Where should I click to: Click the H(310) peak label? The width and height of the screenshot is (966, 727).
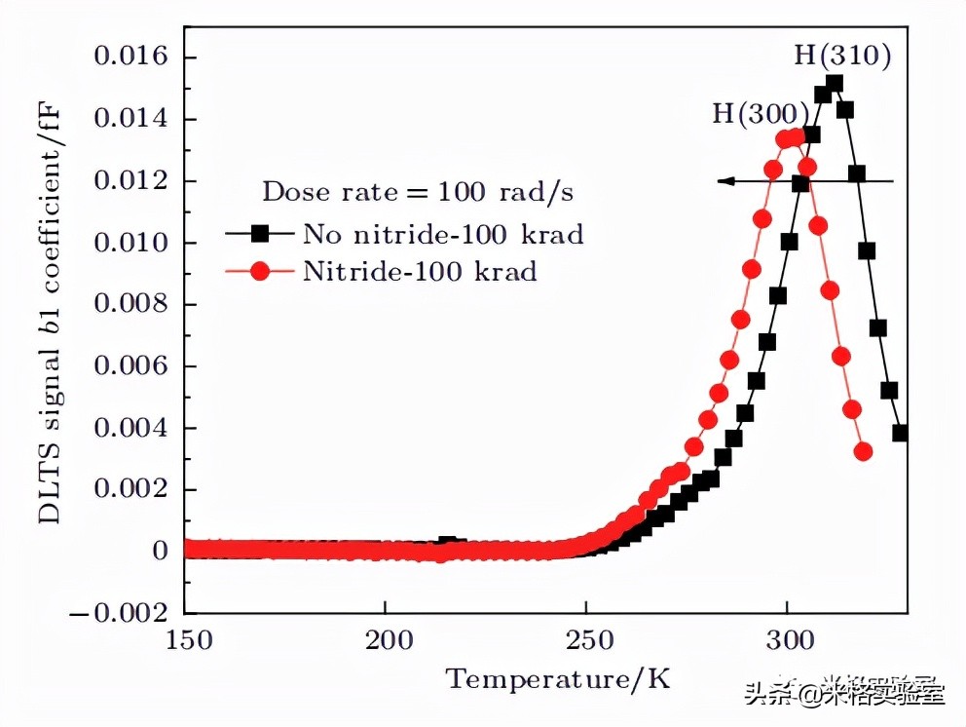coord(842,56)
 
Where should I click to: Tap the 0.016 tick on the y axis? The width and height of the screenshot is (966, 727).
coord(130,57)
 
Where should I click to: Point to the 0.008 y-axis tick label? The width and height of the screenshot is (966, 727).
coord(130,304)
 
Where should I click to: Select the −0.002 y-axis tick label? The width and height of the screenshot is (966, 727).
coord(121,613)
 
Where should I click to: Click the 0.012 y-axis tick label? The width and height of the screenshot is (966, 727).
coord(130,181)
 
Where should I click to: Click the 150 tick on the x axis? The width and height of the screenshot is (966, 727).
coord(185,642)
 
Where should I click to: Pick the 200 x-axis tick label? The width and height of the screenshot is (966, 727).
coord(386,642)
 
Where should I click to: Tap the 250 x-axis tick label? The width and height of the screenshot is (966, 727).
coord(586,642)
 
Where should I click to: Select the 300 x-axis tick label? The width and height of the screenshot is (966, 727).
coord(787,642)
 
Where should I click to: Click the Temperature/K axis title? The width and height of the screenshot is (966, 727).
coord(559,678)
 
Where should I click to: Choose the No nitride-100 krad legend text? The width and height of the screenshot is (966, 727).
coord(443,234)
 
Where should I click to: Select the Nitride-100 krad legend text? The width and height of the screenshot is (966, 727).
coord(420,271)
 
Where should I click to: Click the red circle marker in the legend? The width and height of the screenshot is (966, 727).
coord(260,272)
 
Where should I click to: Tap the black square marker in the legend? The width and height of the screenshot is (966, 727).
coord(260,234)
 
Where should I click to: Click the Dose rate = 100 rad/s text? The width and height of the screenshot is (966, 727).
coord(418,191)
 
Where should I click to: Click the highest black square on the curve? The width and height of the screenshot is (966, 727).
coord(834,84)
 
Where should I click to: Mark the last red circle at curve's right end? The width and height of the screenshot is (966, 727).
coord(863,451)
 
